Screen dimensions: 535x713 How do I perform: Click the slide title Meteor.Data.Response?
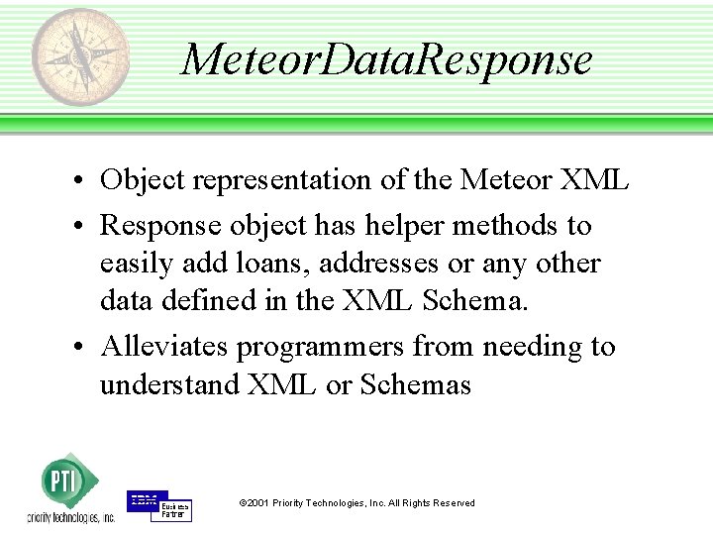[x=387, y=59]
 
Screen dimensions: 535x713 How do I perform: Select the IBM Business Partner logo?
[x=158, y=505]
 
